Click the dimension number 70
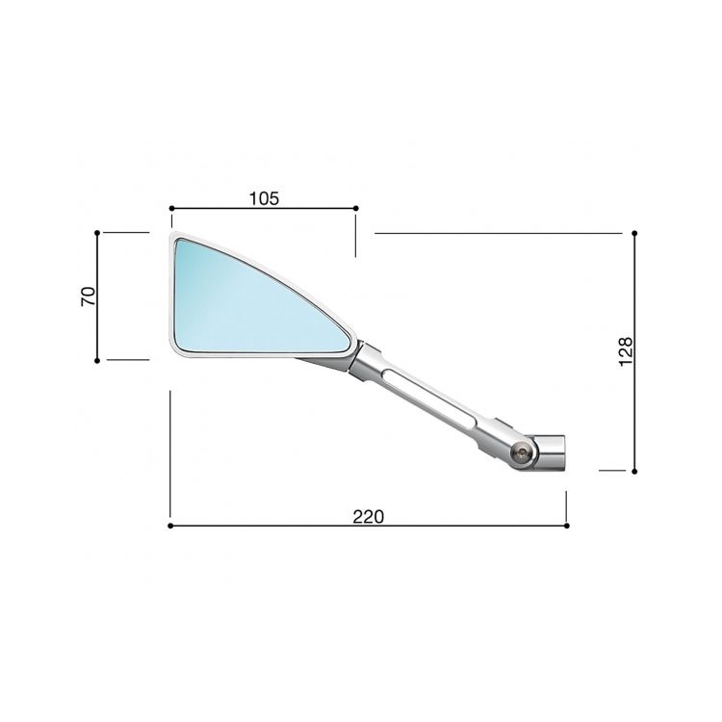[x=88, y=296]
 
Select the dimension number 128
[x=625, y=351]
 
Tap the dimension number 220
[x=368, y=516]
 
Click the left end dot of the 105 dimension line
[x=170, y=207]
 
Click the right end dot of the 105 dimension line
[x=356, y=207]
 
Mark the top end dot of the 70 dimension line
[x=98, y=232]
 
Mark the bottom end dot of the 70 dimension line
[x=98, y=359]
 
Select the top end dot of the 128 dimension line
[x=635, y=233]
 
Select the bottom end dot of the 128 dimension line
[x=635, y=471]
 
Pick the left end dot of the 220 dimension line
[x=170, y=527]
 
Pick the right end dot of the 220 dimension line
[x=566, y=527]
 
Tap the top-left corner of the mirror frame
[x=171, y=237]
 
